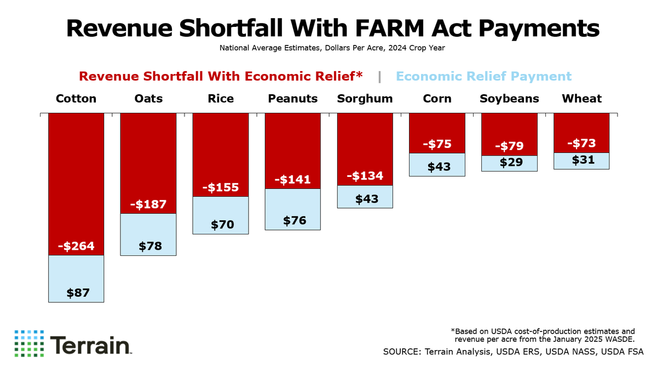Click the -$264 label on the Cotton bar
click(x=76, y=246)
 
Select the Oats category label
click(x=148, y=99)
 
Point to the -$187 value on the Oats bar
click(x=148, y=204)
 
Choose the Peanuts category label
click(x=293, y=99)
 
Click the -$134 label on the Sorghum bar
click(x=365, y=176)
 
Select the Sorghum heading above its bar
click(x=365, y=99)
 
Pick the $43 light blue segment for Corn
click(x=437, y=165)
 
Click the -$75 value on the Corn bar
click(x=437, y=145)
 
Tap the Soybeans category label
click(x=509, y=99)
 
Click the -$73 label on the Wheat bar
click(x=581, y=144)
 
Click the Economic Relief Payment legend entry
click(x=483, y=76)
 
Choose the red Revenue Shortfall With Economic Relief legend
click(x=221, y=76)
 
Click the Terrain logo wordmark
click(x=91, y=345)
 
